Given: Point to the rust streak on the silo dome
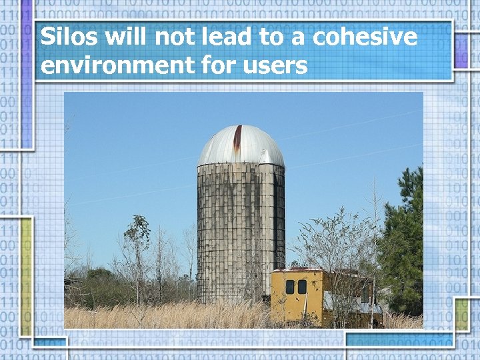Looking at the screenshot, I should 237,140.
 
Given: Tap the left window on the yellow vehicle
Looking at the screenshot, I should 290,287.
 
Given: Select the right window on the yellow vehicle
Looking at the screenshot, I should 302,287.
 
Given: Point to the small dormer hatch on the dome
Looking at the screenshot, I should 265,157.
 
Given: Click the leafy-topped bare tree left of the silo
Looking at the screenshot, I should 138,233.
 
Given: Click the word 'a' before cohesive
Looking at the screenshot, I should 299,39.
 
